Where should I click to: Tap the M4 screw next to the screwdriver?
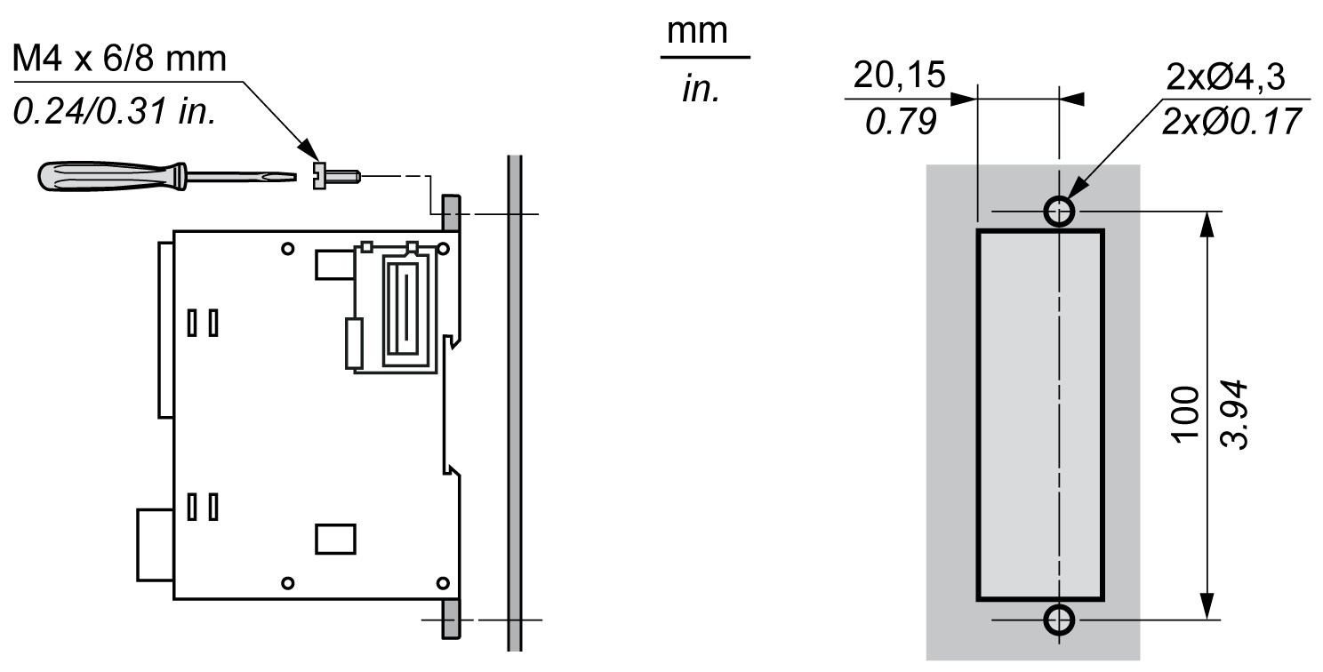tap(335, 176)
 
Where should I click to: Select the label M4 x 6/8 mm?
tap(119, 59)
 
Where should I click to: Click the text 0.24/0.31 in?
tap(114, 111)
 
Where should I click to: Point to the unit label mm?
tap(697, 32)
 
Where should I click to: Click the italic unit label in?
tap(702, 89)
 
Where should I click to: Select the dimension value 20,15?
tap(899, 76)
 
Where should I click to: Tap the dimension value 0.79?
tap(901, 122)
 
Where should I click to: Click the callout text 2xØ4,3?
tap(1225, 76)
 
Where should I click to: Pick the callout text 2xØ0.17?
tap(1231, 121)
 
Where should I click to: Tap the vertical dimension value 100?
tap(1185, 414)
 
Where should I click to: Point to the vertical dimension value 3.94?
tap(1233, 414)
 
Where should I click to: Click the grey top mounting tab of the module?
tap(452, 212)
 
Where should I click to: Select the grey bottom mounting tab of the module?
tap(452, 619)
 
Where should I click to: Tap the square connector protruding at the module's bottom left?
tap(156, 545)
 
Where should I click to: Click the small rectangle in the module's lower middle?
tap(335, 540)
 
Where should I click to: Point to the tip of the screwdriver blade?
tap(296, 176)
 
